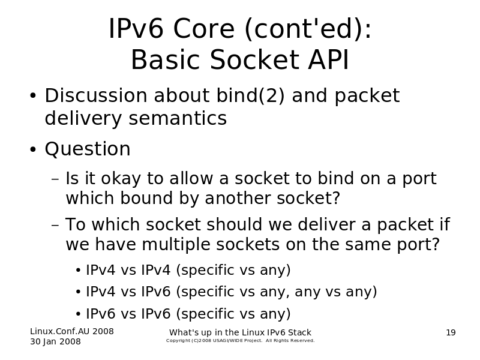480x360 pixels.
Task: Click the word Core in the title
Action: [204, 29]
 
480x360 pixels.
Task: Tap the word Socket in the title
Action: [254, 59]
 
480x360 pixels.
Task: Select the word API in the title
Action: [328, 59]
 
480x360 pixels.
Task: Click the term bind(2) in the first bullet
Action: [251, 95]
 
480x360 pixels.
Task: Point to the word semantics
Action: [178, 118]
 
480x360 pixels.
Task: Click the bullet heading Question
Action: [88, 149]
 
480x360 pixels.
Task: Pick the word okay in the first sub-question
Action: [121, 179]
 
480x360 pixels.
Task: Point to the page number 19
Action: [451, 332]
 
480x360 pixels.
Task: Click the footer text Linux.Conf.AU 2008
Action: [72, 331]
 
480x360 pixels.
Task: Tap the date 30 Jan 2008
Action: [55, 341]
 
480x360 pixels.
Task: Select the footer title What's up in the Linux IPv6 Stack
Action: [241, 332]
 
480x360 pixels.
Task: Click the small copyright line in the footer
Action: [241, 340]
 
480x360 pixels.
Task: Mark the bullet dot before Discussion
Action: [33, 95]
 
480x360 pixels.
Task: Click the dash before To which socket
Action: [55, 225]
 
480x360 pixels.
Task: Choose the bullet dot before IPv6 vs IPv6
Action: [79, 314]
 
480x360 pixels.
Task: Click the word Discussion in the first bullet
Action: [96, 95]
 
